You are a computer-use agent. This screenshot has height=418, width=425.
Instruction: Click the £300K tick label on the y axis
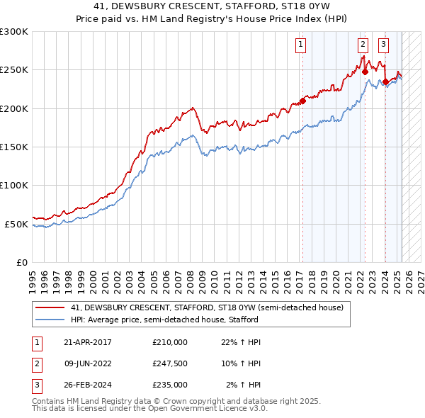point(14,32)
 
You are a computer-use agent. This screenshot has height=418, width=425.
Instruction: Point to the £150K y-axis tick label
point(14,147)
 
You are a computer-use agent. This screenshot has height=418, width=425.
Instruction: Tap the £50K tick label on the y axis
point(16,224)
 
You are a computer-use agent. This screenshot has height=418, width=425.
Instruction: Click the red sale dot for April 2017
point(302,101)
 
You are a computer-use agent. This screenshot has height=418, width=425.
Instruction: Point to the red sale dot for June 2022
point(365,72)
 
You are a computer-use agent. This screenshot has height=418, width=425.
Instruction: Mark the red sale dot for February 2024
point(385,81)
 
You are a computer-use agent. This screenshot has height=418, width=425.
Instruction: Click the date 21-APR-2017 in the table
point(87,342)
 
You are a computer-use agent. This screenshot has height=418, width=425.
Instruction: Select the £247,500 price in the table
point(170,363)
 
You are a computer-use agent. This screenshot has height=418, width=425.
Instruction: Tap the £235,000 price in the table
point(170,385)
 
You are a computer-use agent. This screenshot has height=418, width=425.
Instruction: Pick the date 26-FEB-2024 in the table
point(87,385)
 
